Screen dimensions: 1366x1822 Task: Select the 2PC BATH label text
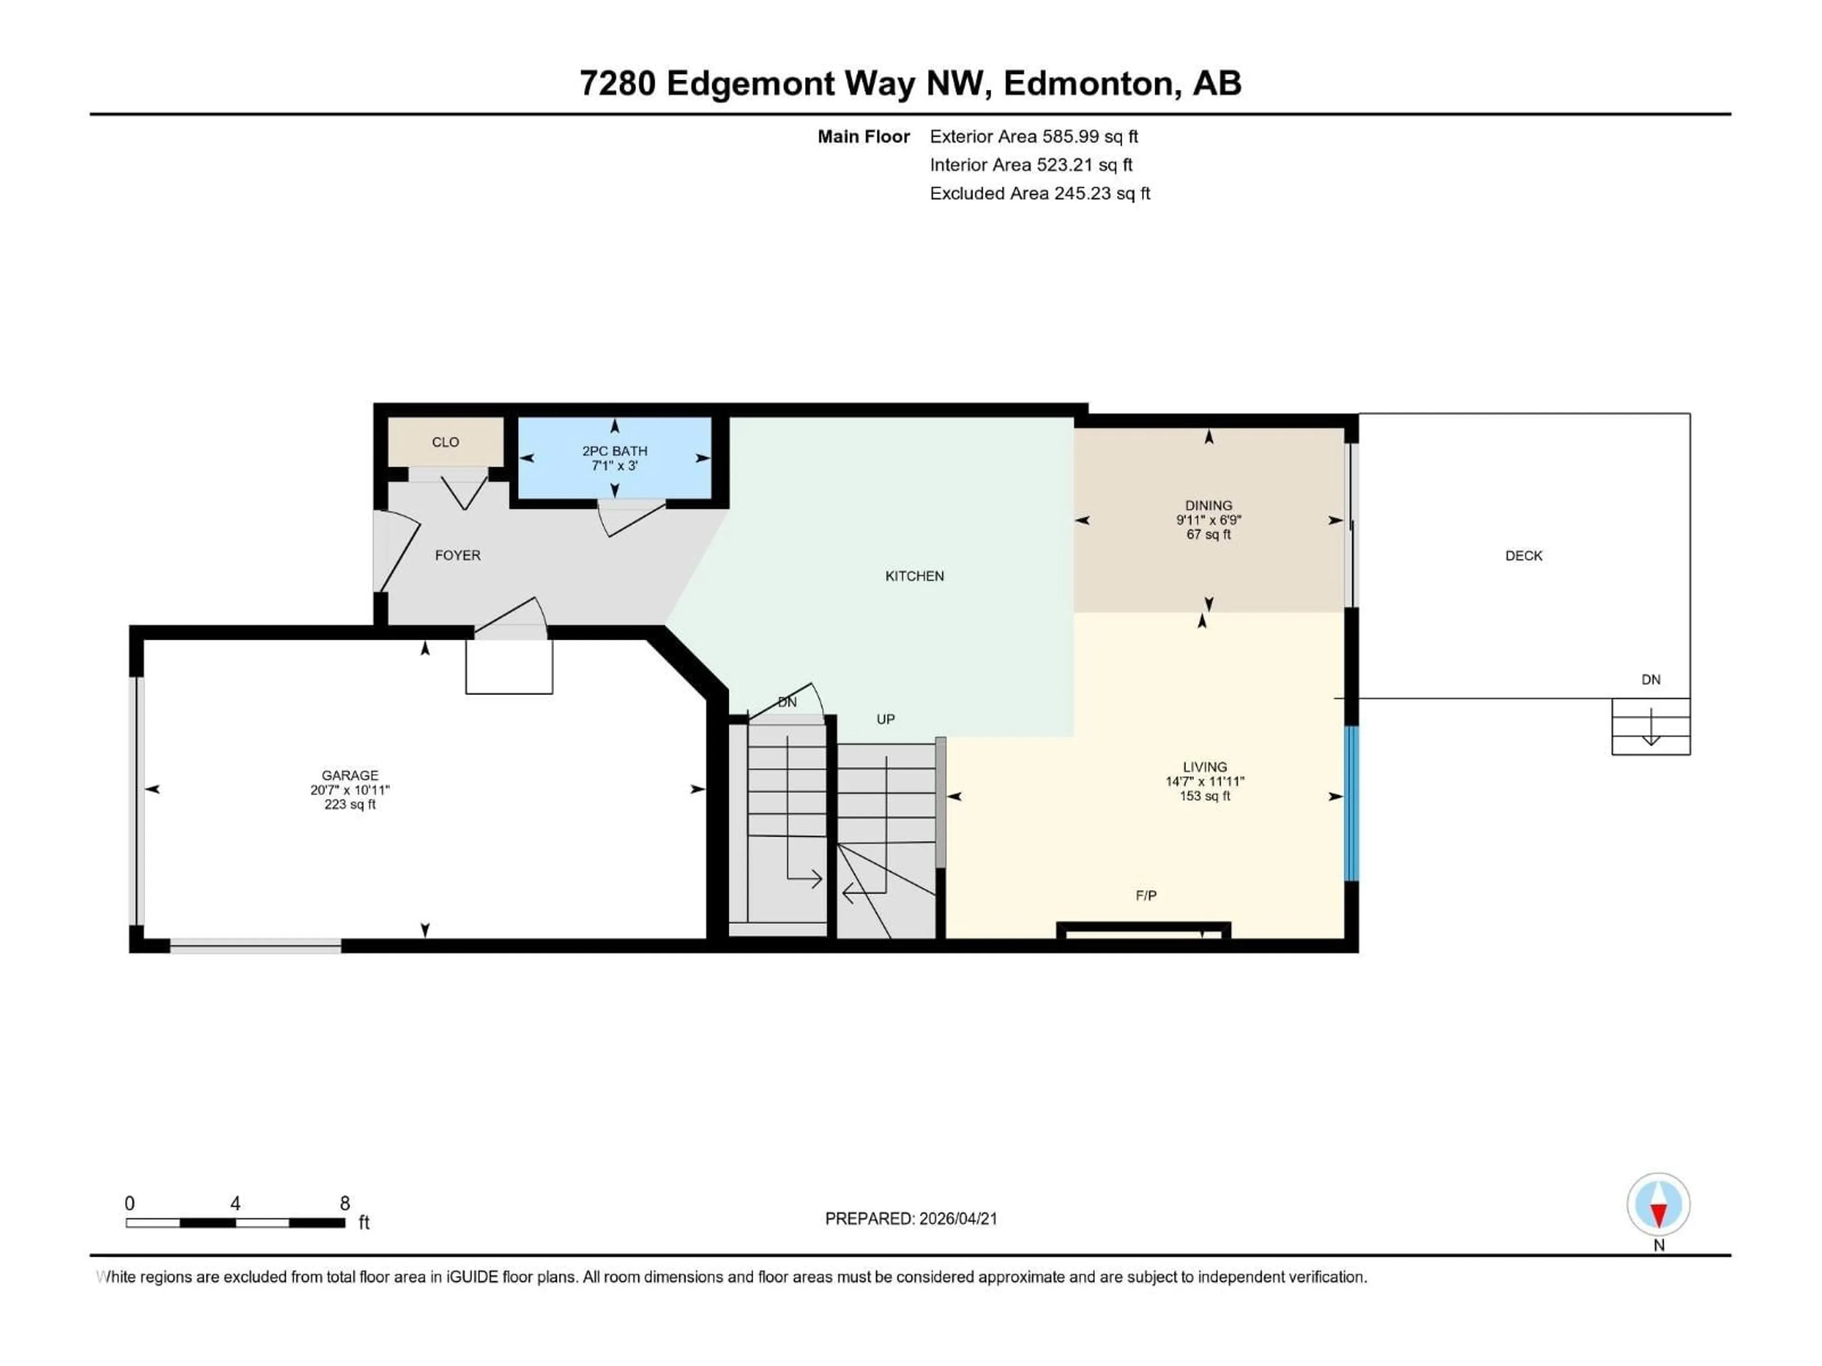click(614, 451)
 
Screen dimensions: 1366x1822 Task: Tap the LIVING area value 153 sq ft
click(1204, 796)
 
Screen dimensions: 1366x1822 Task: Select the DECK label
click(1523, 556)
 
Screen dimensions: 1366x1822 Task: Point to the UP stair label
click(885, 720)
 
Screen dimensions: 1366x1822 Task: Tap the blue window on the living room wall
click(1351, 803)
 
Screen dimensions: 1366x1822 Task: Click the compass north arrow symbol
click(1658, 1205)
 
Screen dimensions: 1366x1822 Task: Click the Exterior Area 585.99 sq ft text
click(1034, 137)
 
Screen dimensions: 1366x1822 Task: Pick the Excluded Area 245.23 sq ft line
click(1040, 194)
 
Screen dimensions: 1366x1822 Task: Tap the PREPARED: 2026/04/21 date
click(911, 1218)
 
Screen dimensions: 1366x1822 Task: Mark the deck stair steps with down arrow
click(1651, 726)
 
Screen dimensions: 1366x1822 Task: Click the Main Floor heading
click(863, 137)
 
